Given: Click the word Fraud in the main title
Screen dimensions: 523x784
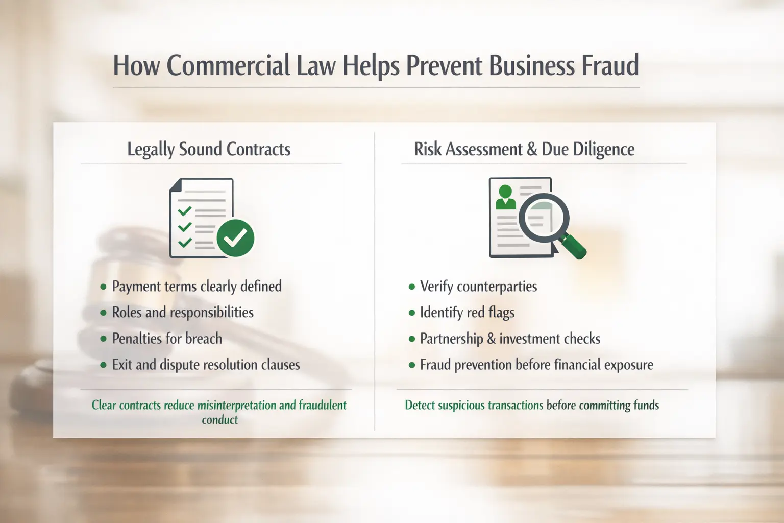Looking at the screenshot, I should tap(608, 66).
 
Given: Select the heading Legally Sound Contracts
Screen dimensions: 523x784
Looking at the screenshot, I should tap(209, 149).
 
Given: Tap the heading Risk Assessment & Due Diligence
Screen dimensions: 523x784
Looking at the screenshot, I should tap(524, 149).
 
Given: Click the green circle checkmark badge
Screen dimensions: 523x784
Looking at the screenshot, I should tap(235, 238).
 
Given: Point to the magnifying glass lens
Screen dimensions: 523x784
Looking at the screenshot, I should tap(543, 217).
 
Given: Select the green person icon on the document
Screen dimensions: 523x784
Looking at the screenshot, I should tap(505, 197).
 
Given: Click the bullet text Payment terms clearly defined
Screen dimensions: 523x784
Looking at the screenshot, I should tap(197, 287).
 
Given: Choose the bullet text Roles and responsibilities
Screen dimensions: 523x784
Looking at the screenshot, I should tap(183, 313).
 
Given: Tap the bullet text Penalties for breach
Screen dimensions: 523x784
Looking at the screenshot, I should tap(167, 339).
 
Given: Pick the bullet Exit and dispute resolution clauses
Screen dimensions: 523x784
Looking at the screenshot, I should tap(206, 365).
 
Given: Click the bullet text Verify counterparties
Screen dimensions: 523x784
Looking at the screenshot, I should tap(478, 287).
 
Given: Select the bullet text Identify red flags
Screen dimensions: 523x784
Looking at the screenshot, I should tap(467, 313).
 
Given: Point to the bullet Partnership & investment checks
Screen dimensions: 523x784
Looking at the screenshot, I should tap(510, 339).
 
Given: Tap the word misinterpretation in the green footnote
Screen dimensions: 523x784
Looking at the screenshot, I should tap(237, 406).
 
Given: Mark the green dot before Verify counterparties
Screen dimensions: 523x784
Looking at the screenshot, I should tap(412, 287).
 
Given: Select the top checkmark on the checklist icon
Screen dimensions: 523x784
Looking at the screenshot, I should tap(184, 210).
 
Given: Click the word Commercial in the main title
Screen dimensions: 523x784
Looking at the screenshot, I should tap(228, 66).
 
